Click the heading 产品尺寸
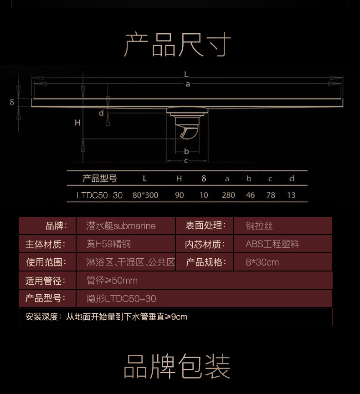click(x=177, y=45)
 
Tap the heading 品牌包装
click(x=177, y=367)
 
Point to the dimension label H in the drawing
click(x=77, y=123)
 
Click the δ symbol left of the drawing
click(x=12, y=102)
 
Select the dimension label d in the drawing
click(x=101, y=113)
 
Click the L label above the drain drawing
click(x=186, y=74)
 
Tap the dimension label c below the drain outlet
click(x=186, y=161)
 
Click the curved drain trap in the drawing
click(x=188, y=133)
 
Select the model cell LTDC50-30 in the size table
click(x=99, y=195)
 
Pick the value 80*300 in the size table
click(x=145, y=195)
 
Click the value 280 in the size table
click(x=228, y=195)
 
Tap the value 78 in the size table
click(x=271, y=195)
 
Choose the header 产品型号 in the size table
click(x=99, y=179)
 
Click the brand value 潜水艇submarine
click(x=121, y=226)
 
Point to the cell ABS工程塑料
click(x=273, y=244)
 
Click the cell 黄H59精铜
click(x=108, y=244)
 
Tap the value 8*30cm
click(x=262, y=262)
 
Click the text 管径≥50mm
click(x=112, y=281)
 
